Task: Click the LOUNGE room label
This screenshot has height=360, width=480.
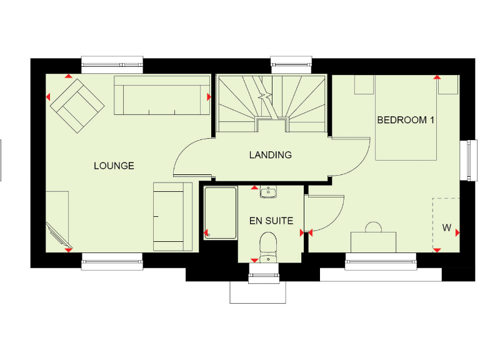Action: click(x=114, y=166)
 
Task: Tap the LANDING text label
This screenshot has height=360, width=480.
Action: click(x=270, y=155)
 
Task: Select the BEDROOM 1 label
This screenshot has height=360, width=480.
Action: click(x=405, y=120)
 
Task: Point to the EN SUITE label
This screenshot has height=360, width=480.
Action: click(x=271, y=221)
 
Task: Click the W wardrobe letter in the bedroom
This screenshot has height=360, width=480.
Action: click(x=446, y=228)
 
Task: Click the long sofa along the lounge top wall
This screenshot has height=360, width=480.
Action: click(x=162, y=96)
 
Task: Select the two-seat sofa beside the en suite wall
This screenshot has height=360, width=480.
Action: click(x=172, y=216)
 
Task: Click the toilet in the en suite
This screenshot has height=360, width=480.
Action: click(x=268, y=244)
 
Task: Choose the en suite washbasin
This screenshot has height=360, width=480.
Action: click(x=268, y=191)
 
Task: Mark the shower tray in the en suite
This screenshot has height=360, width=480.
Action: click(x=221, y=212)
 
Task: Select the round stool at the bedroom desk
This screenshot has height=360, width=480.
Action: click(x=374, y=227)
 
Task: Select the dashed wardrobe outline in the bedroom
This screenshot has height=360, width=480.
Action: click(x=446, y=222)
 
